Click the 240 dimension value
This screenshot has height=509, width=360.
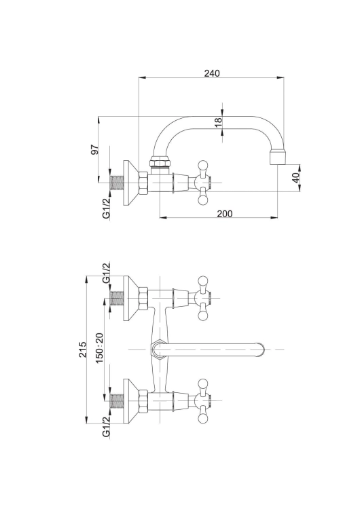pyautogui.click(x=212, y=73)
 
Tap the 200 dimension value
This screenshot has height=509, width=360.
pyautogui.click(x=225, y=214)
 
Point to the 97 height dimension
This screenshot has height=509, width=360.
pyautogui.click(x=94, y=150)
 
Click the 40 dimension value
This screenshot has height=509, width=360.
pyautogui.click(x=295, y=178)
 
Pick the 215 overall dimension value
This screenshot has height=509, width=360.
pyautogui.click(x=83, y=350)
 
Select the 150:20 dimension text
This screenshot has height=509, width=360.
pyautogui.click(x=99, y=348)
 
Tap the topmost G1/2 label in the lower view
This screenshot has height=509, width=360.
pyautogui.click(x=107, y=273)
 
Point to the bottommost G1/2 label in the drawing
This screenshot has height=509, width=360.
pyautogui.click(x=107, y=427)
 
